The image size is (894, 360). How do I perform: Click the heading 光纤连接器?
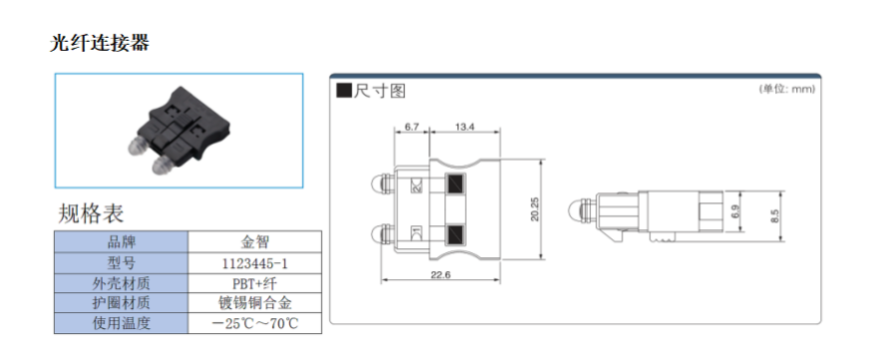click(x=100, y=43)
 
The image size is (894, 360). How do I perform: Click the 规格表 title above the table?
click(x=91, y=213)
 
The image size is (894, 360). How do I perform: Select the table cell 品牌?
click(x=122, y=241)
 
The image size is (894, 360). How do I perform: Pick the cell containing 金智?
click(x=254, y=241)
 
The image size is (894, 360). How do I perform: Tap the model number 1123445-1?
click(x=254, y=263)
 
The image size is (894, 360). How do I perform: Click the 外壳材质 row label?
click(x=122, y=283)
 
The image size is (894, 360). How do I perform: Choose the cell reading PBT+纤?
click(x=254, y=283)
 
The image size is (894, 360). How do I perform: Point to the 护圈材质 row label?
click(x=122, y=302)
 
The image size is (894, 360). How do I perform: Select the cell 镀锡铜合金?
click(x=254, y=302)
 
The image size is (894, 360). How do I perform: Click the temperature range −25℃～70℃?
click(x=254, y=323)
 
